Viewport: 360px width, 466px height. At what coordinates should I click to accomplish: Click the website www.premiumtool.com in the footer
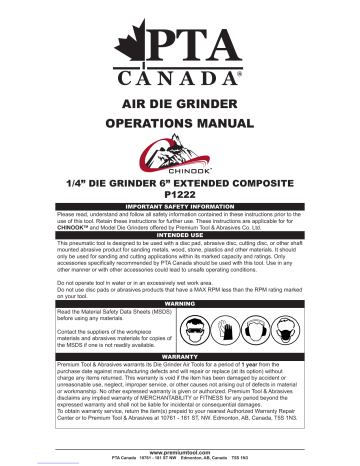pyautogui.click(x=180, y=450)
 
